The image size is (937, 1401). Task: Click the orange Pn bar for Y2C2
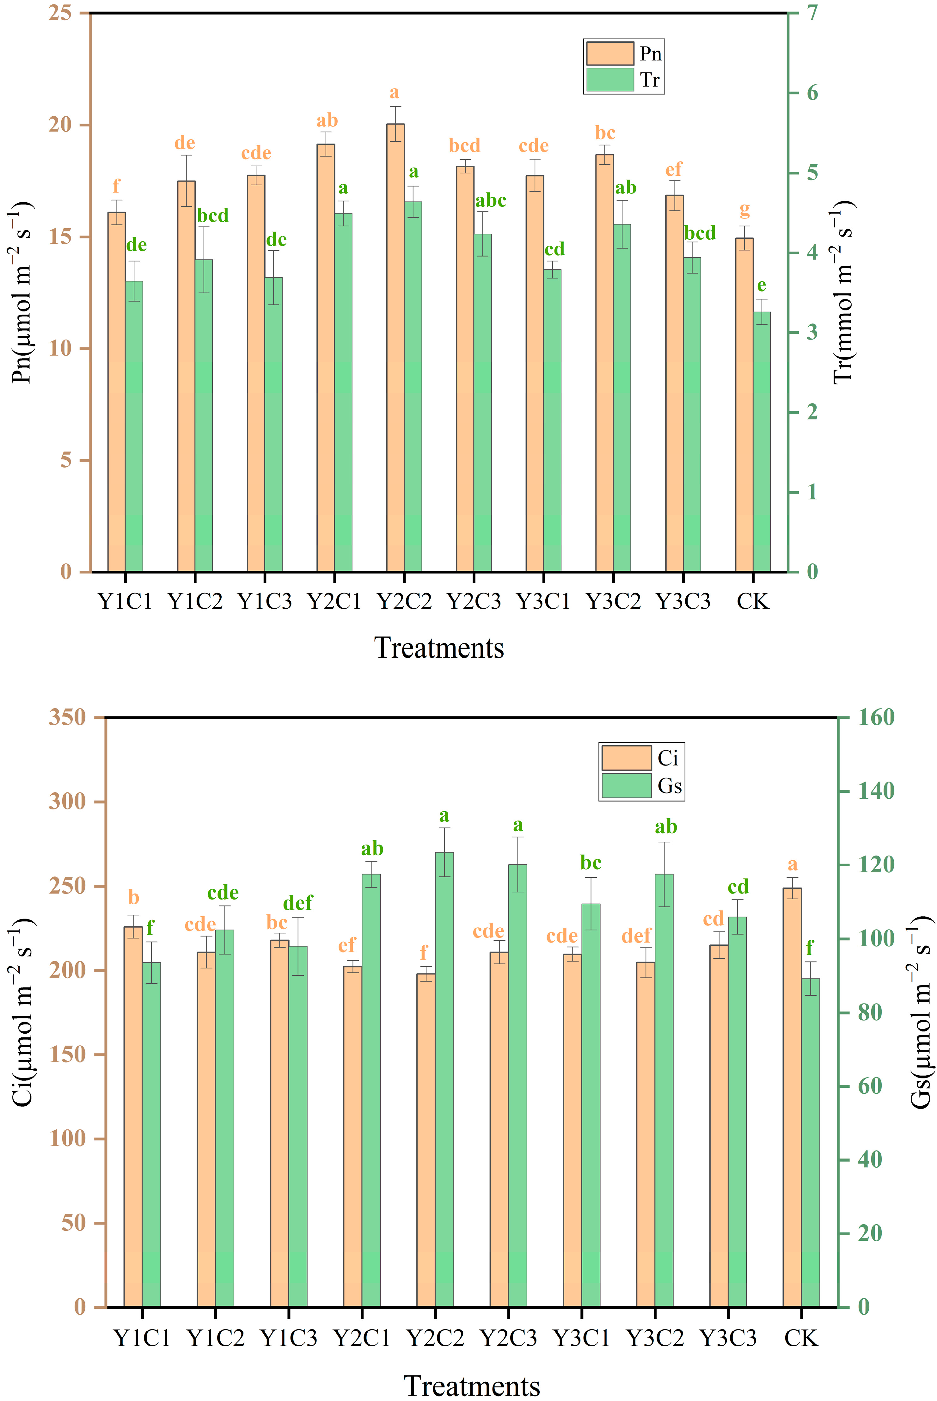coord(395,347)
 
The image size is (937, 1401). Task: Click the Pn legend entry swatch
coord(609,53)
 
